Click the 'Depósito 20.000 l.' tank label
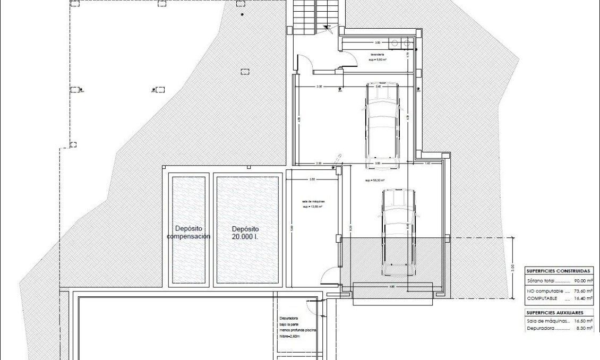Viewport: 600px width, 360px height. [245, 233]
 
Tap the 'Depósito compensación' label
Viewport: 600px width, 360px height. [188, 233]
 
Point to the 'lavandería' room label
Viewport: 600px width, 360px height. [378, 55]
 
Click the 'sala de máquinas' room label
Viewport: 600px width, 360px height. [313, 202]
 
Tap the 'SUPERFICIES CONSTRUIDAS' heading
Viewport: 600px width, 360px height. [559, 271]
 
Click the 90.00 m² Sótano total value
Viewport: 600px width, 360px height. [584, 281]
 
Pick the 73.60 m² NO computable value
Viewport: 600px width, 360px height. [584, 292]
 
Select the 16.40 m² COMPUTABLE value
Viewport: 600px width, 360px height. [584, 298]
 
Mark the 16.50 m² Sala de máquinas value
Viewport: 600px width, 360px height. [584, 321]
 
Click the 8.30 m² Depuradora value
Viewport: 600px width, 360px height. [585, 329]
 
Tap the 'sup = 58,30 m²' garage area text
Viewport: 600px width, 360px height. [375, 181]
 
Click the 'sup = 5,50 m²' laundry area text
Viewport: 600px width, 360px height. [378, 60]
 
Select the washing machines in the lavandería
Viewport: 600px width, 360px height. [401, 43]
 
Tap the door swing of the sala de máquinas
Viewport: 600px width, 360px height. [329, 276]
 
